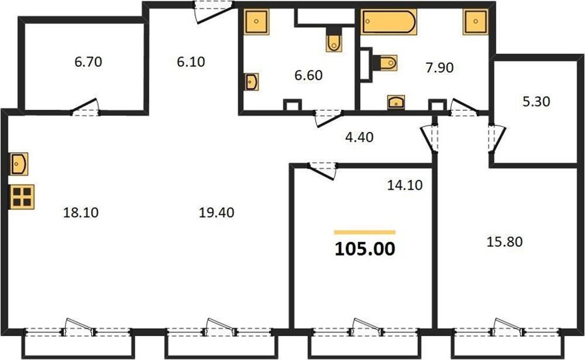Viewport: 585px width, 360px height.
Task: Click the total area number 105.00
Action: pos(365,249)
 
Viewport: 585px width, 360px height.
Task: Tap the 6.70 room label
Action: pos(88,62)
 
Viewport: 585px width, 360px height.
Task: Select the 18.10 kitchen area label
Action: pos(81,212)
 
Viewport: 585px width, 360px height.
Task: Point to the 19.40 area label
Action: pos(216,212)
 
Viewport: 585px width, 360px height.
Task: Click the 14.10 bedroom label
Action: pos(405,185)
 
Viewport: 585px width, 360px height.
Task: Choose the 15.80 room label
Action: pos(504,242)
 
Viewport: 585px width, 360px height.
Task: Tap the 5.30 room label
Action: pos(536,101)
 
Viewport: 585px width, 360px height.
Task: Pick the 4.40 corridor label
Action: pos(359,137)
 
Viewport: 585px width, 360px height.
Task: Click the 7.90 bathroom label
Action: pos(439,68)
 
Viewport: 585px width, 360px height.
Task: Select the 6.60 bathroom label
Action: pos(309,75)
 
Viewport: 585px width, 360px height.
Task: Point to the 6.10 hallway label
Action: pos(191,62)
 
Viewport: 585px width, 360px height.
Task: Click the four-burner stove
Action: pos(21,197)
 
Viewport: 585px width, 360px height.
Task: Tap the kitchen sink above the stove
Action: pos(19,164)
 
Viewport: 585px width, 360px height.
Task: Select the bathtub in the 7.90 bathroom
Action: pos(389,21)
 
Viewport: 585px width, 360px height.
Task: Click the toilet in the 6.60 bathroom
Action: pos(334,41)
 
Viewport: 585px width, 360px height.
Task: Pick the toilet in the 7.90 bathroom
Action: pos(385,62)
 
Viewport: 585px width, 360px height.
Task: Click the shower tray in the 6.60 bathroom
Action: pos(256,21)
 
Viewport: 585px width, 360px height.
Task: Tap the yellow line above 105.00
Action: pos(365,233)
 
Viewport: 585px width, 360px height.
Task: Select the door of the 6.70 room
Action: pos(85,107)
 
